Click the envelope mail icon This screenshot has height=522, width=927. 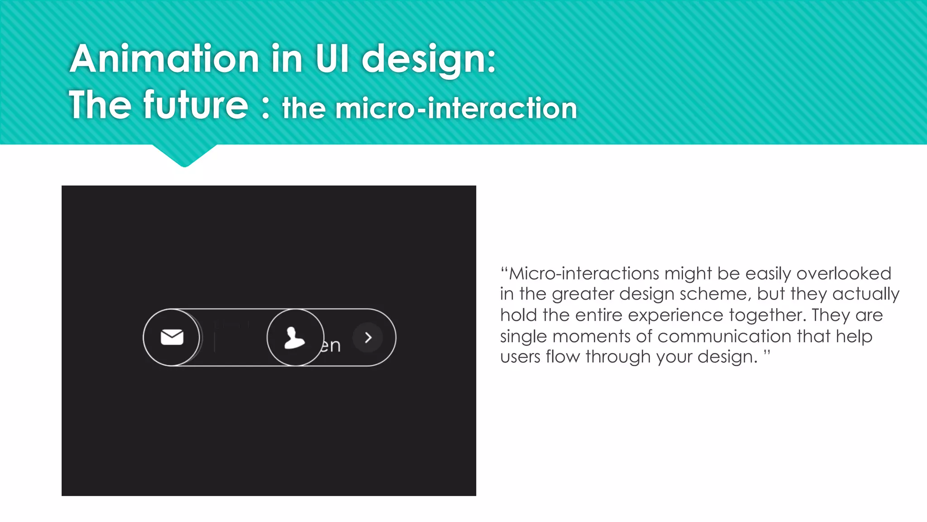[172, 337]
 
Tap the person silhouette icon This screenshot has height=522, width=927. [294, 338]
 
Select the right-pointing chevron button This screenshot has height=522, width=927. [368, 337]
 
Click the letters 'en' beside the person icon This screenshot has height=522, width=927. [331, 345]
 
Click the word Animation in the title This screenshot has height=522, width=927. [165, 59]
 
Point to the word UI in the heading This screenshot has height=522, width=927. [332, 59]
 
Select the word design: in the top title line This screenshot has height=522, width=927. [429, 60]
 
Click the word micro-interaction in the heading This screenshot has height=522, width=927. [456, 109]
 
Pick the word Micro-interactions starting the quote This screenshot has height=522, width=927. [584, 274]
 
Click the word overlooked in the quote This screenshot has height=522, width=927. [844, 274]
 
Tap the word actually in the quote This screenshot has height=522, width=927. [865, 295]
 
